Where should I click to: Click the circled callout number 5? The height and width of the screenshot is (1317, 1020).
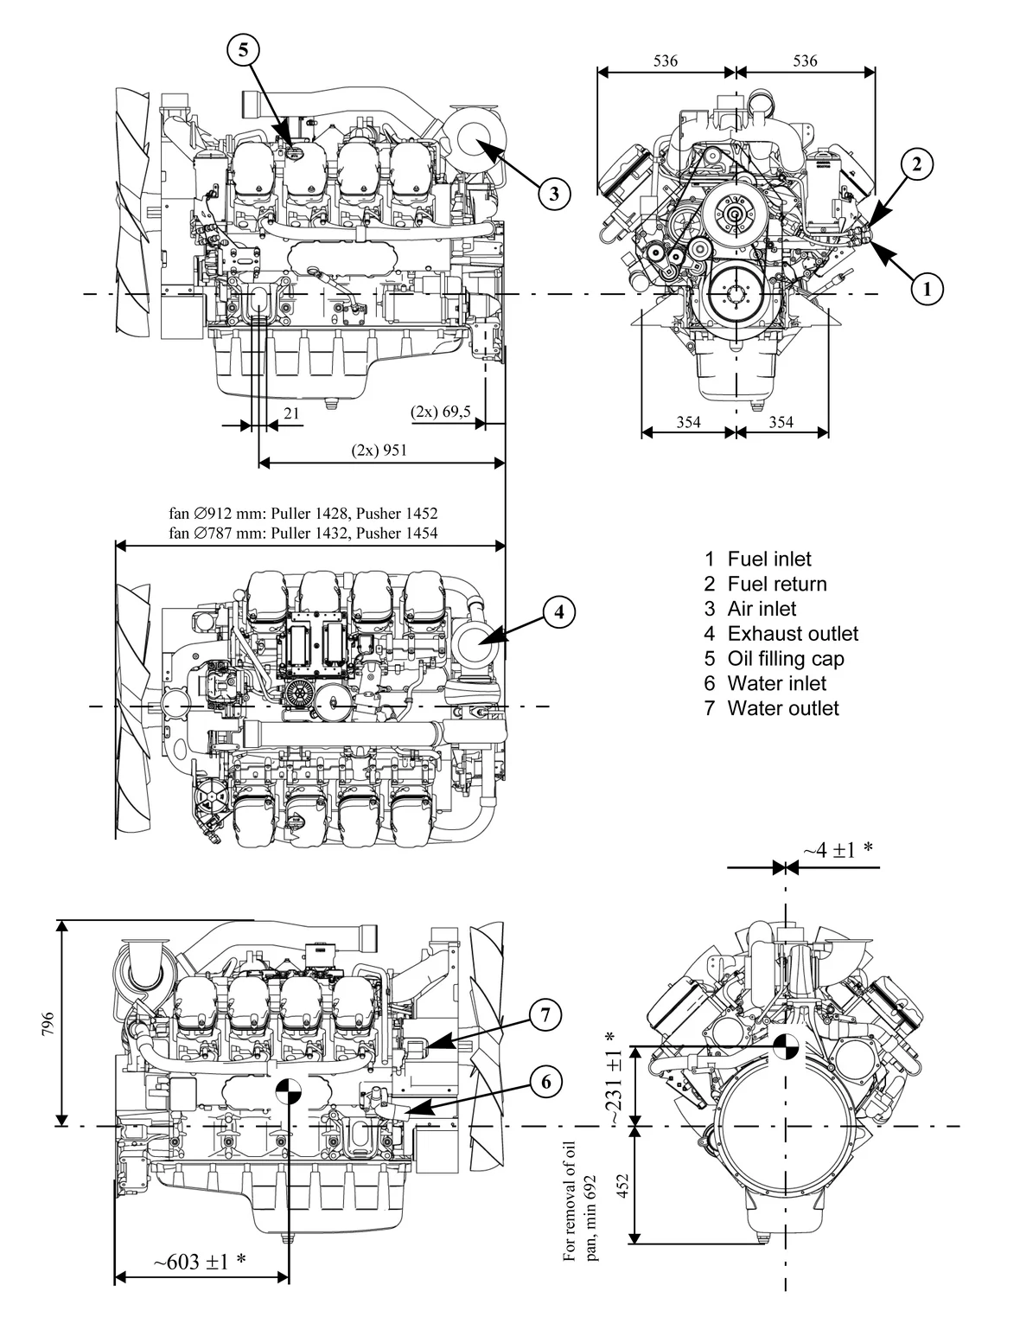pos(243,50)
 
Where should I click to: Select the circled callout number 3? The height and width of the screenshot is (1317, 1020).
pos(554,192)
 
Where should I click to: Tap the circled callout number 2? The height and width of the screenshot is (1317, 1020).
pos(917,163)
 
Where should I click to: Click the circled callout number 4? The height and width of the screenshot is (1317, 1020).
pos(559,612)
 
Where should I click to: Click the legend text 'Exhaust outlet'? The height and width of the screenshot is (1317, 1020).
pos(792,634)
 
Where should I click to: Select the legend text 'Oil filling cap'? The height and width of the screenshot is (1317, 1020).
pos(785,659)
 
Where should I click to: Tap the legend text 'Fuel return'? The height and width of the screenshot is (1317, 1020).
pos(776,585)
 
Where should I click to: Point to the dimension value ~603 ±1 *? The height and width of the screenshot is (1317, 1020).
pos(200,1262)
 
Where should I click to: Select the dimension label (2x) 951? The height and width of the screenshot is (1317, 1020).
pos(379,450)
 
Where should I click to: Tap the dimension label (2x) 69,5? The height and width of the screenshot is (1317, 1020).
pos(441,412)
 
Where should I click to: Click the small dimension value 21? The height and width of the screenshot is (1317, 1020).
pos(292,413)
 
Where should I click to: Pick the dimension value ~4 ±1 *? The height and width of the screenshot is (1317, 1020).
pos(837,851)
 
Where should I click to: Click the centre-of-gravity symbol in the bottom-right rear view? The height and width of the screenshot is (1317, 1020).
pos(786,1046)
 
